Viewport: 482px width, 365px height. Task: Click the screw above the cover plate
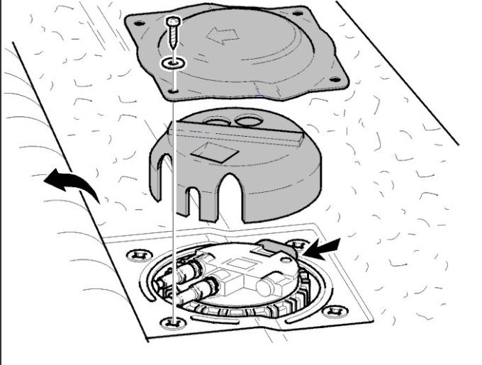[x=173, y=32]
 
